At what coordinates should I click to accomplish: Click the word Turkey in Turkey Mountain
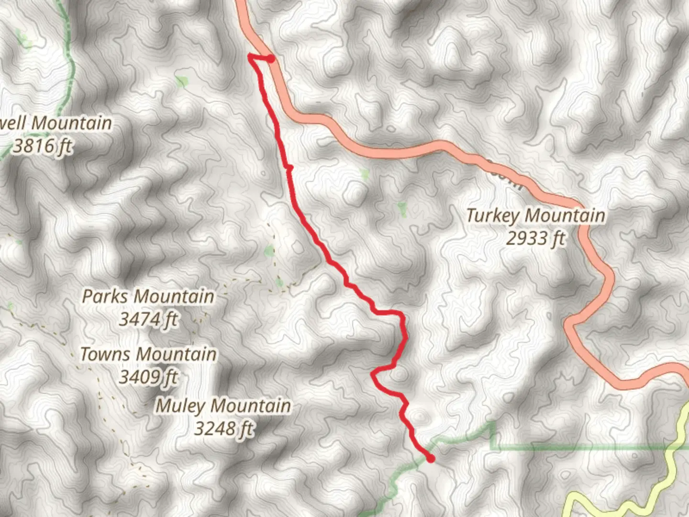tap(493, 215)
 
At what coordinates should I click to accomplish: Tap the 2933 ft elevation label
tap(535, 238)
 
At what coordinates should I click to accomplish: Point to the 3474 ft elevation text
tap(148, 319)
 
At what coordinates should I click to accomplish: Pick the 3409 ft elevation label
tap(148, 377)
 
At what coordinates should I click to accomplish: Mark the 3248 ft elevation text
tap(223, 428)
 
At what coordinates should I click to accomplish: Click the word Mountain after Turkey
tap(565, 215)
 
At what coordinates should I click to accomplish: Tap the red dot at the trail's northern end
tap(271, 59)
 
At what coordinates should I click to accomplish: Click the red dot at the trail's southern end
tap(431, 459)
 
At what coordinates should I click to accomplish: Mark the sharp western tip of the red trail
tap(249, 57)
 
